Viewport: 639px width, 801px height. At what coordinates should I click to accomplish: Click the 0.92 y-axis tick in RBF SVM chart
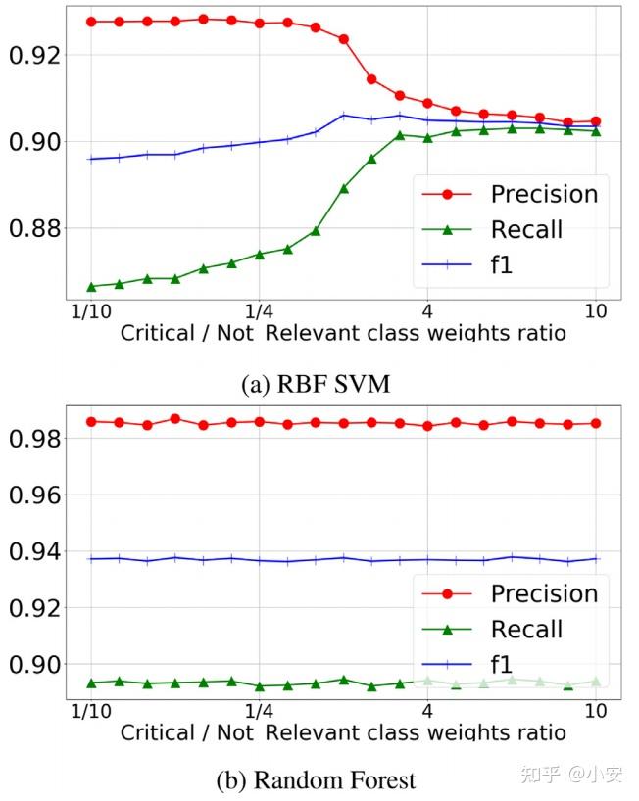(x=34, y=55)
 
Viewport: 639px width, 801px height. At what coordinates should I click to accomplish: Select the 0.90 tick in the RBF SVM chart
(x=34, y=142)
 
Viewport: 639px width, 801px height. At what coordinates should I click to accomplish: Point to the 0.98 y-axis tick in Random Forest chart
(x=34, y=439)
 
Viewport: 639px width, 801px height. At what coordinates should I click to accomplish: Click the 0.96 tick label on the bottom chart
(x=34, y=495)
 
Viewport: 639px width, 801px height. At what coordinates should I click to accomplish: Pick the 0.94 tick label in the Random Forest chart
(x=34, y=552)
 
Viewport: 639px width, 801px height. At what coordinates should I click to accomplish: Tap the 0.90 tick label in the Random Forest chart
(x=34, y=664)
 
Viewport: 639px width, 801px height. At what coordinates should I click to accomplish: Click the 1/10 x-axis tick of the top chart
(x=90, y=311)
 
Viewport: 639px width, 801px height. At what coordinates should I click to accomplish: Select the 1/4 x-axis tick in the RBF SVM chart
(x=259, y=311)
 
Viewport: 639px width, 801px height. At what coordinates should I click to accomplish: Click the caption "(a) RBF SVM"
(x=316, y=384)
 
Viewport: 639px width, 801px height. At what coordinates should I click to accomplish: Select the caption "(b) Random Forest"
(x=316, y=780)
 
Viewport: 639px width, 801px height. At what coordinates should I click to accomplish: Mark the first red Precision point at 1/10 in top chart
(x=91, y=22)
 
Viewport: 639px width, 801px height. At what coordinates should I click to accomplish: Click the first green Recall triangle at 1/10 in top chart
(x=91, y=286)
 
